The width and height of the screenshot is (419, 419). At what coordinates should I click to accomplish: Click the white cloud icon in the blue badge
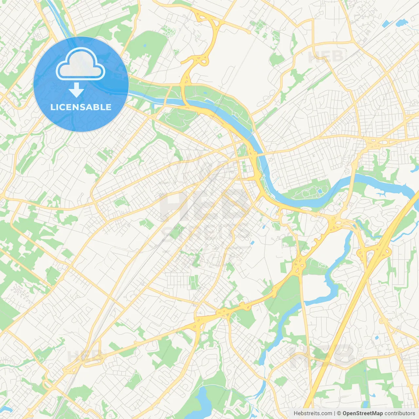(81, 64)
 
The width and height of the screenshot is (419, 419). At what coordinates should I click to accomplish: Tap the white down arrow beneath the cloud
(76, 90)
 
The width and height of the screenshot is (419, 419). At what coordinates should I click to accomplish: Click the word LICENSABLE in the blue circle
(81, 107)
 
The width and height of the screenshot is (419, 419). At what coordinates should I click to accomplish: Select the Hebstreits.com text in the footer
(313, 413)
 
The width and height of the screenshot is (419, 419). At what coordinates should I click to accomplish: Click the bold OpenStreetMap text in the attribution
(362, 413)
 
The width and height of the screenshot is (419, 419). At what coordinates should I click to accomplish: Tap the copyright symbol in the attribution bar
(339, 413)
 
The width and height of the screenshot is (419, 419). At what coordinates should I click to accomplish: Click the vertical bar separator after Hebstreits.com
(335, 413)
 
